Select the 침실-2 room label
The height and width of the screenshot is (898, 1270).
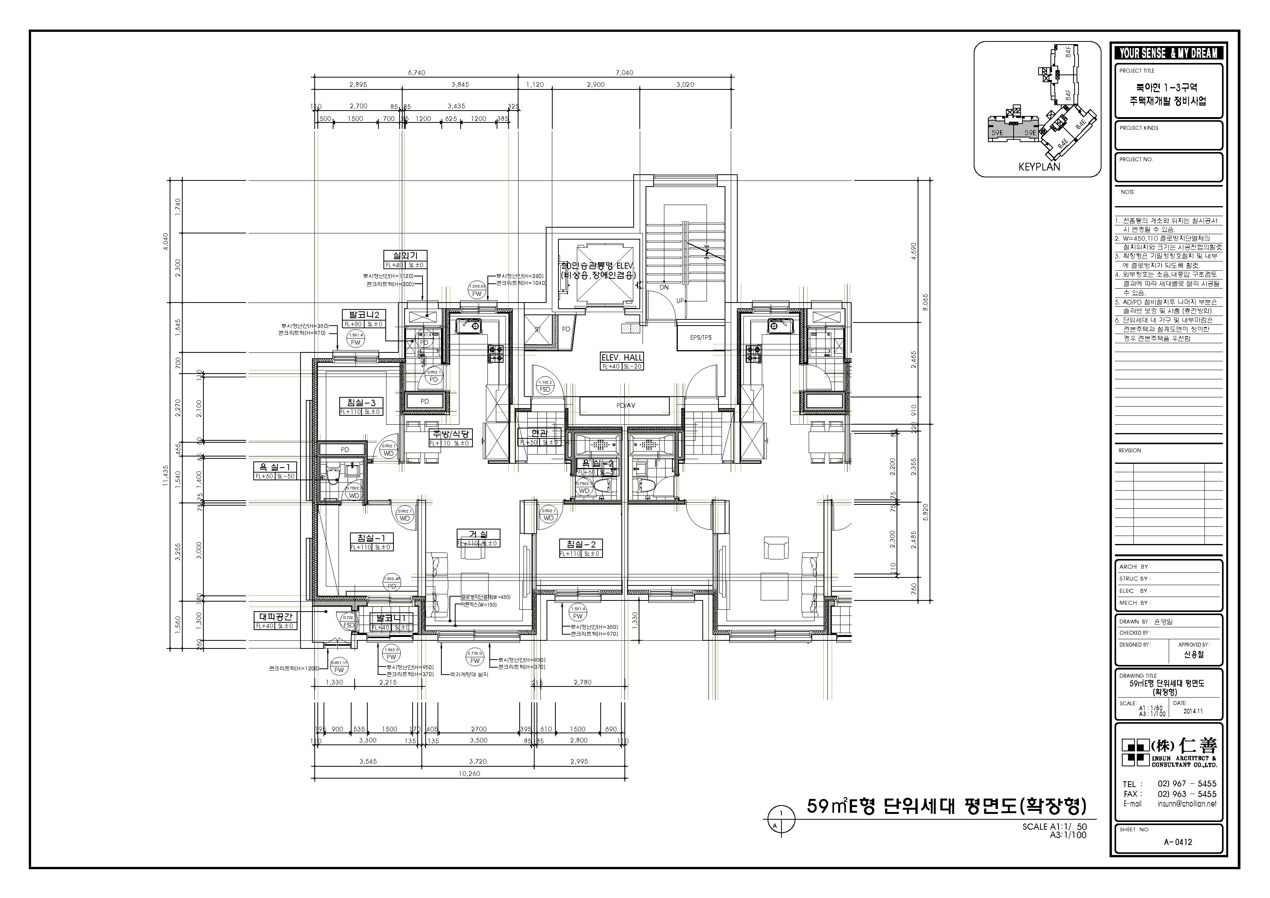(x=580, y=544)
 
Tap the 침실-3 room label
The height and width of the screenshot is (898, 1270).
(x=361, y=403)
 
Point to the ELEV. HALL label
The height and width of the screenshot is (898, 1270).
(x=622, y=357)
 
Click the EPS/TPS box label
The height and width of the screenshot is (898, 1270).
(x=701, y=337)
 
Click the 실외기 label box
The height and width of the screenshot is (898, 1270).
(x=405, y=256)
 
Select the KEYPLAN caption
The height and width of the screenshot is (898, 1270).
(x=1039, y=167)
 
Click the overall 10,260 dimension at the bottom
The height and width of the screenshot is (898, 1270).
(x=469, y=774)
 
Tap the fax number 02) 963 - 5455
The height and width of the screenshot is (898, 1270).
(x=1186, y=794)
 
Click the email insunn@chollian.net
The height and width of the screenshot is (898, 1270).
(x=1186, y=804)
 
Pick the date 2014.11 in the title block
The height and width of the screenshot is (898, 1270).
(x=1193, y=711)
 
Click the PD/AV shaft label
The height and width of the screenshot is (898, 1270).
(x=626, y=405)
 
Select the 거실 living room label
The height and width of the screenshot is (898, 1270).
(x=479, y=534)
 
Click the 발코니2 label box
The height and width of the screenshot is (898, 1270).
(x=363, y=315)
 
